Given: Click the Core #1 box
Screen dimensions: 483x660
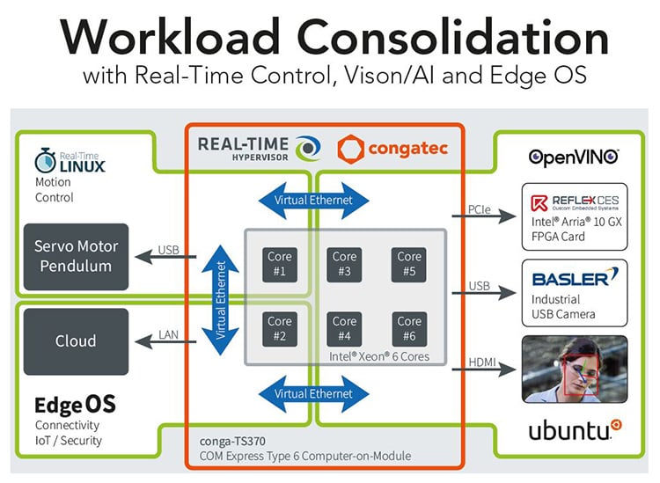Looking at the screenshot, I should tap(280, 264).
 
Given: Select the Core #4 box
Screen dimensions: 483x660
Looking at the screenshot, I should tap(344, 328).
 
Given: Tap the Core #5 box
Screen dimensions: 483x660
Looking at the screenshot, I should tap(409, 264).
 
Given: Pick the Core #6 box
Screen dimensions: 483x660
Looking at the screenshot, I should tap(409, 328).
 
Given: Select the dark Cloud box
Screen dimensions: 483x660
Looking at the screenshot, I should tap(76, 340).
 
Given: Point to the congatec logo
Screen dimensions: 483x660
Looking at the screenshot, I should tap(393, 149).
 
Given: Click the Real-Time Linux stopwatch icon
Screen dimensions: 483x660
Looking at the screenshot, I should tap(46, 160).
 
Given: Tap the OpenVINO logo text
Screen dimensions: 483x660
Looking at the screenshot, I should tap(574, 157).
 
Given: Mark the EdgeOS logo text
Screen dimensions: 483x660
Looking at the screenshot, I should tap(75, 405).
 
